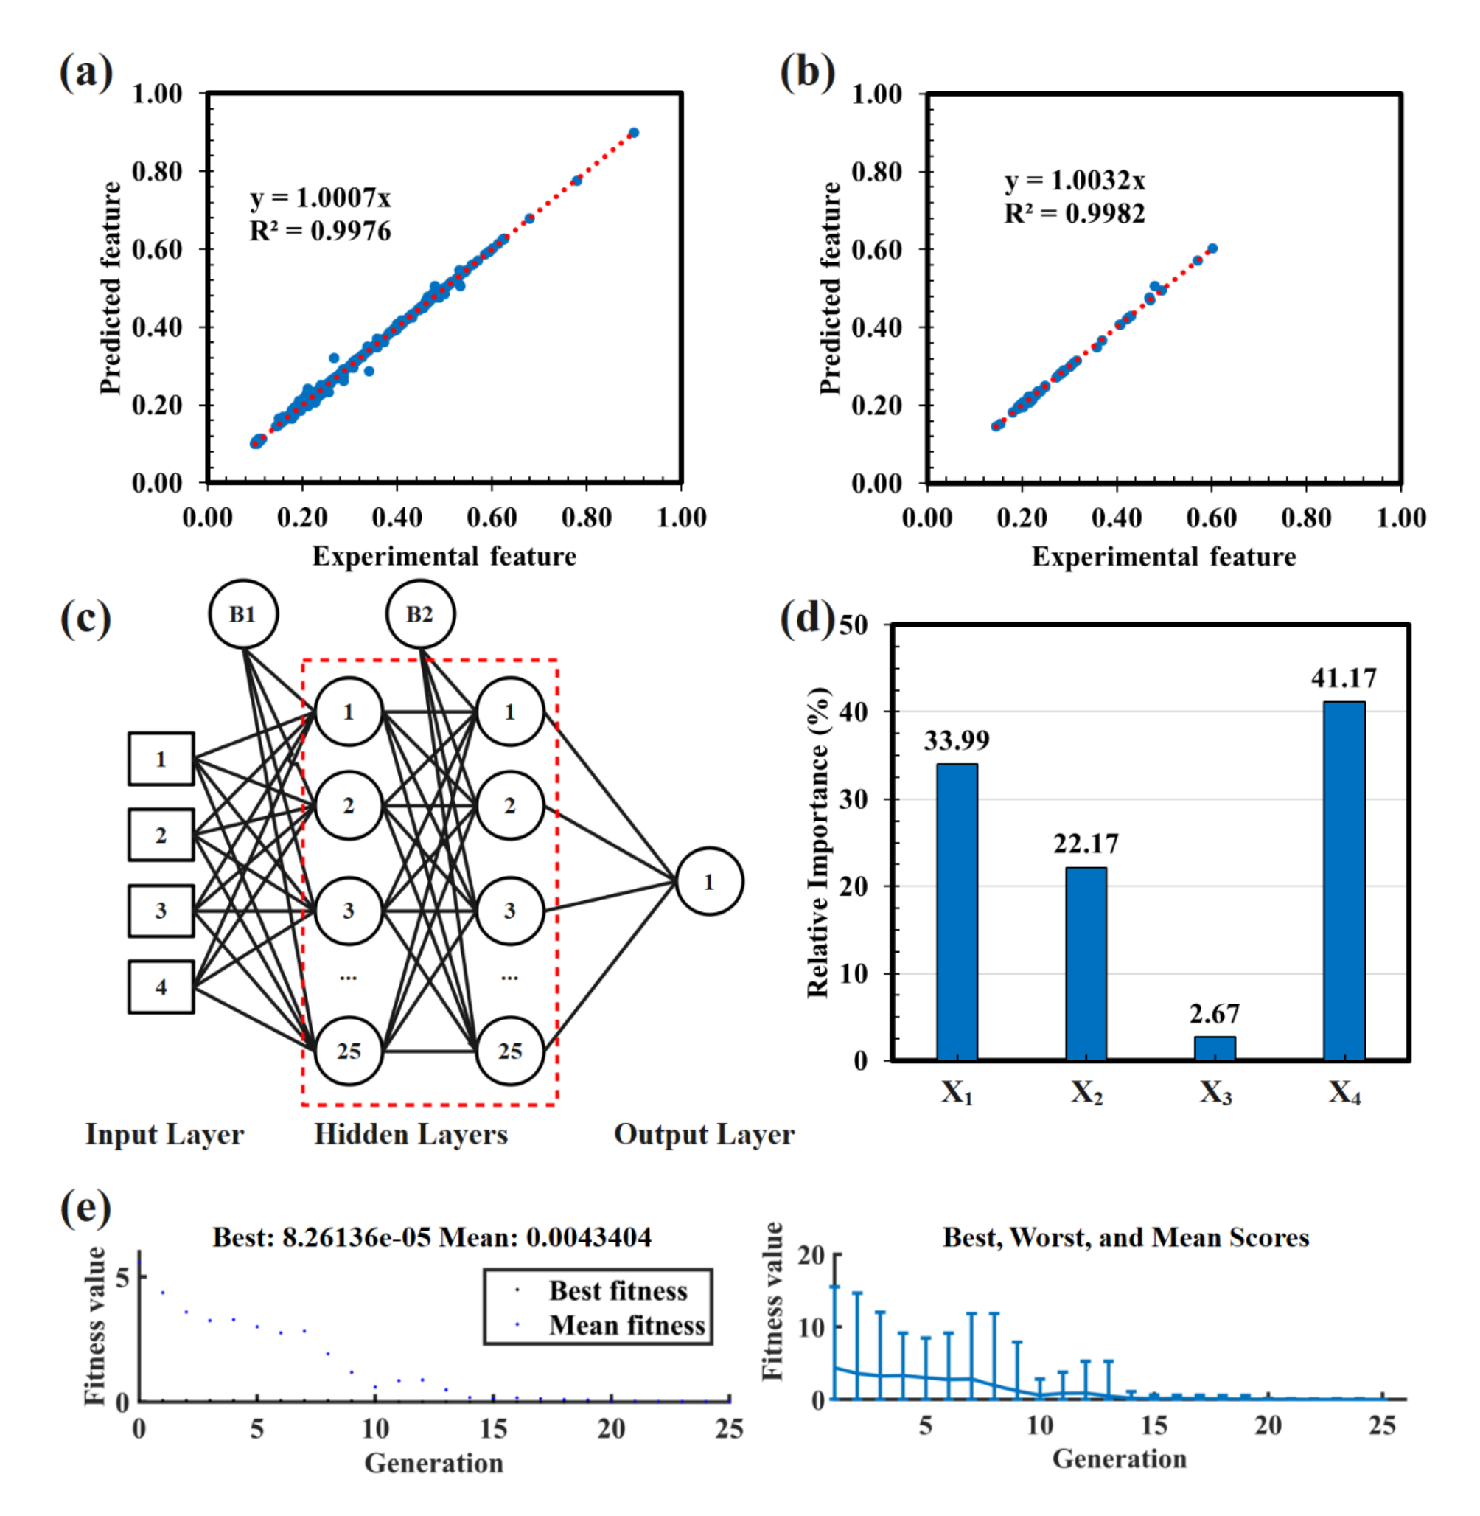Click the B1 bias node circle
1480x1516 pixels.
243,613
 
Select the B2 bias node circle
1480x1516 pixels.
421,613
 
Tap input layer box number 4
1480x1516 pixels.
161,987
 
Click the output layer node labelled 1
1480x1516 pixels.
709,881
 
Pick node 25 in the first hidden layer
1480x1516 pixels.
348,1050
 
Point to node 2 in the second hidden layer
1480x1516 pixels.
510,805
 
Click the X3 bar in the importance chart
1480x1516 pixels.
1215,1048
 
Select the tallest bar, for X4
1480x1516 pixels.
1344,880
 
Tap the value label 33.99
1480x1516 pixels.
956,740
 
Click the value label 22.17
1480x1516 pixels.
1086,844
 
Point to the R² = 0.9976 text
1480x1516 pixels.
321,231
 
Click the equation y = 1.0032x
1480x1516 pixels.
1074,181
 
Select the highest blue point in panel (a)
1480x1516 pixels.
634,133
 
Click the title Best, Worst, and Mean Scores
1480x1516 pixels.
1125,1237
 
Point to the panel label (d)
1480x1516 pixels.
807,618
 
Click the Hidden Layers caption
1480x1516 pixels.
411,1134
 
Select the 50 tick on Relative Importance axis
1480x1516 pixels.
854,625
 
